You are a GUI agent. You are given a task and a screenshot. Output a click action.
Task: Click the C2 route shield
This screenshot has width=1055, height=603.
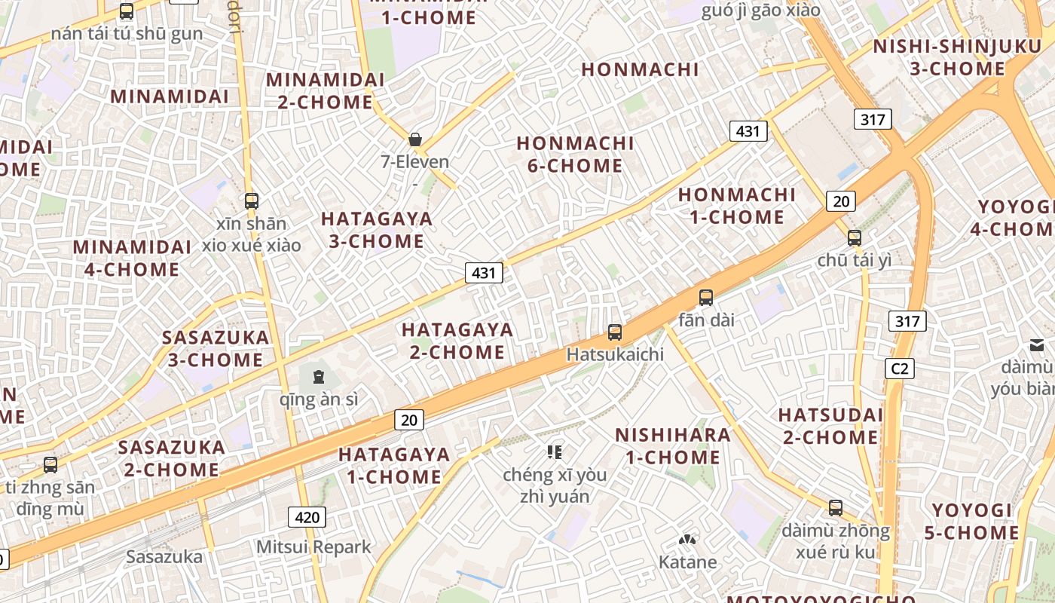[x=899, y=369]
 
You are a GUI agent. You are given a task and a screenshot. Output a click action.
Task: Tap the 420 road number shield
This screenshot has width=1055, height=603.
[x=307, y=517]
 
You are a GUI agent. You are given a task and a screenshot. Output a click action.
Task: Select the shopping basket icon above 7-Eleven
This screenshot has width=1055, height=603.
[x=414, y=139]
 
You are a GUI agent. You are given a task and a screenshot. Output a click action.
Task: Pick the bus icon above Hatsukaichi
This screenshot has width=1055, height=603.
[x=615, y=332]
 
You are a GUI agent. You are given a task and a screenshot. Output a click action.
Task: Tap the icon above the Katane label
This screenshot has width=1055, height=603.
[x=687, y=540]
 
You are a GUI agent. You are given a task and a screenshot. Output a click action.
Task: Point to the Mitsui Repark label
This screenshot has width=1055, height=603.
[x=313, y=546]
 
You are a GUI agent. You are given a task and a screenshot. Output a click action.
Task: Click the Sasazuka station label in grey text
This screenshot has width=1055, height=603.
[x=164, y=557]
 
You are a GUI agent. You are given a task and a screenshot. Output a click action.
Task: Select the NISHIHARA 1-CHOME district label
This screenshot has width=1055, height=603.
[x=673, y=445]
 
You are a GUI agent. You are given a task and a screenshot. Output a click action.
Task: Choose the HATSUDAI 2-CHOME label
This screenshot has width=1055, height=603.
[x=830, y=426]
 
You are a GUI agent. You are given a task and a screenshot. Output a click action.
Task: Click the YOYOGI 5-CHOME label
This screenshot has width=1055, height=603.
[x=971, y=522]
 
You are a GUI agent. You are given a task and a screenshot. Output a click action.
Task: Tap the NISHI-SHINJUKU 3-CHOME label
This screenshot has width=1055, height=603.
[x=957, y=57]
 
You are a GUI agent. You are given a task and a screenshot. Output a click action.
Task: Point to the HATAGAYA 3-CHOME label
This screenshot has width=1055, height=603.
[x=377, y=230]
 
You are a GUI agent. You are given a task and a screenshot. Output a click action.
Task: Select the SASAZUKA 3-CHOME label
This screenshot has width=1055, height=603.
[x=216, y=348]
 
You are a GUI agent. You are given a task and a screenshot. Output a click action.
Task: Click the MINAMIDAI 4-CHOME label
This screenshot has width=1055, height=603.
[x=132, y=258]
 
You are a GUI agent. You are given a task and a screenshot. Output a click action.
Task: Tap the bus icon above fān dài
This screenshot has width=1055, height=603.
[x=706, y=298]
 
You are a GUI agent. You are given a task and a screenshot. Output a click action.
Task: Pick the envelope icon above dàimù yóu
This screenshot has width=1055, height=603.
[x=1037, y=345]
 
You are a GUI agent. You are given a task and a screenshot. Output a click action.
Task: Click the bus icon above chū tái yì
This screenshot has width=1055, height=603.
[x=854, y=238]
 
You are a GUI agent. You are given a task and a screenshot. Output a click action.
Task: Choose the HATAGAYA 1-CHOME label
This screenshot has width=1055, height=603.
[x=394, y=465]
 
